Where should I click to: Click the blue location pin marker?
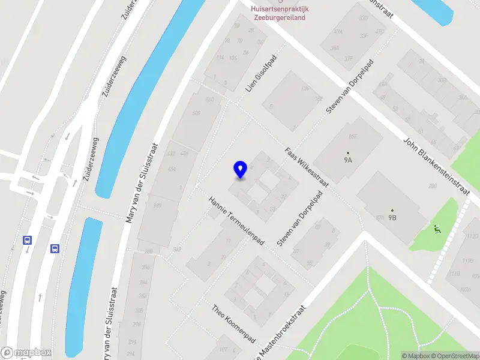[240, 170]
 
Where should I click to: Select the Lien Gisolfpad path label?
[262, 79]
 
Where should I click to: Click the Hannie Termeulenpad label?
[236, 220]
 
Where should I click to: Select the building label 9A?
[347, 160]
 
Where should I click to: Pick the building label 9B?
[392, 217]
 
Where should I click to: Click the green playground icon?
[436, 228]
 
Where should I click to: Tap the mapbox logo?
[26, 352]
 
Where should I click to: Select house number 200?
[433, 186]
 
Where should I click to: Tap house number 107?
[223, 349]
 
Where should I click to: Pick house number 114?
[220, 58]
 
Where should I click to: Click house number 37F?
[348, 59]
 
